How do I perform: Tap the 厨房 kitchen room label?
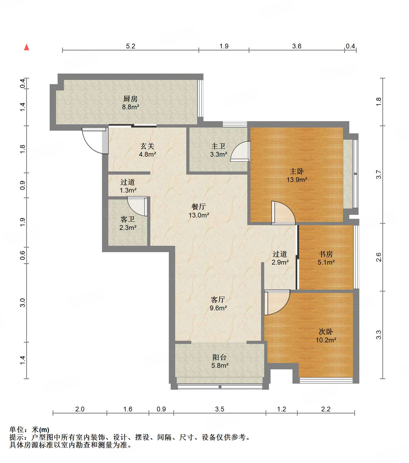tap(131, 99)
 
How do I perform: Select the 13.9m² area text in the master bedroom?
tap(297, 180)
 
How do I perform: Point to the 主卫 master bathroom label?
tap(218, 146)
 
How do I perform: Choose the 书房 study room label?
tap(326, 254)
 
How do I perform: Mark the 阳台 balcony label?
tap(220, 357)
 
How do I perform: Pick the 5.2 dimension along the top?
tap(131, 46)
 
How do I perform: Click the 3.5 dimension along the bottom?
tap(220, 409)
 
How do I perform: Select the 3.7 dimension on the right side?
tap(379, 175)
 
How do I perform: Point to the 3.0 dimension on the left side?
tap(23, 303)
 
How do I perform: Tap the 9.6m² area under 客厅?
tap(218, 308)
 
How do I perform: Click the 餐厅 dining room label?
tap(199, 207)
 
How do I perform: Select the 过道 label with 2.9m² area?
tap(280, 254)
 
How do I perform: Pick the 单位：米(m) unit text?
tap(29, 429)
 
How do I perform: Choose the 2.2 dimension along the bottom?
tap(326, 409)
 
